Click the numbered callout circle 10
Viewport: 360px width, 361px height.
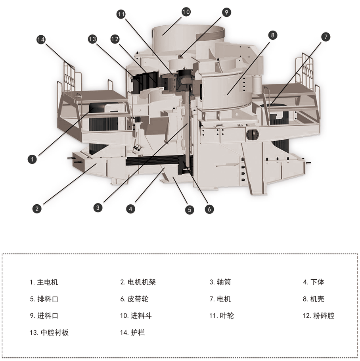point(186,12)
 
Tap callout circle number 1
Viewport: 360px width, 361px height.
point(32,159)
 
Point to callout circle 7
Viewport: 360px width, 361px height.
point(325,37)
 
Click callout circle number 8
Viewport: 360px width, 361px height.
point(272,35)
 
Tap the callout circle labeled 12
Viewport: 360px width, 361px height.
point(115,39)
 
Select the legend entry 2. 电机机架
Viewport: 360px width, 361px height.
point(138,282)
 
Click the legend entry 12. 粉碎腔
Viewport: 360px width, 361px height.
point(318,316)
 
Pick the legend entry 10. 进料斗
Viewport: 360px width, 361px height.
point(136,316)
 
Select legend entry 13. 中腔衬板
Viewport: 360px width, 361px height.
point(49,332)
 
